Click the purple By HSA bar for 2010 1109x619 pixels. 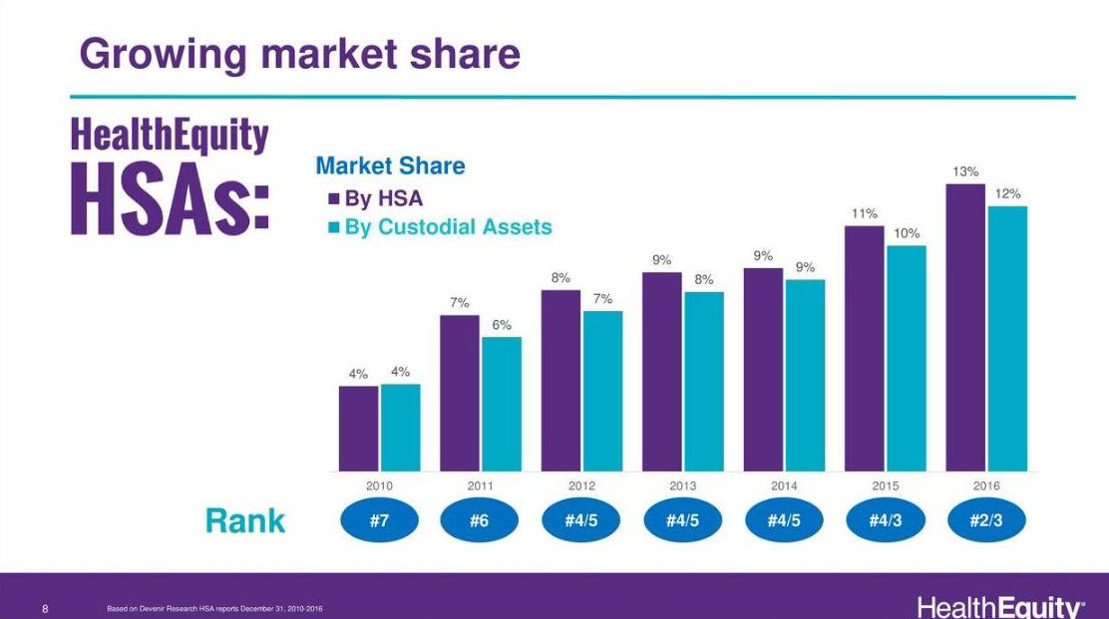[x=359, y=429]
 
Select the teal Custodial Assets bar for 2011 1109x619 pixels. [x=502, y=404]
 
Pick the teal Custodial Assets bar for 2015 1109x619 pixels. [x=906, y=358]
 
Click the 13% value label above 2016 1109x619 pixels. [x=964, y=171]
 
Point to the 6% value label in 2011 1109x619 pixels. [x=501, y=325]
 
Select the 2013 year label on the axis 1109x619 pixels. [x=683, y=485]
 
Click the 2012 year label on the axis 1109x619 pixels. [x=581, y=485]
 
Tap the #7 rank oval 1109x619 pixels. [x=379, y=520]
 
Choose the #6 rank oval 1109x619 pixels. [x=480, y=520]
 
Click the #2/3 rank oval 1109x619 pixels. [x=985, y=520]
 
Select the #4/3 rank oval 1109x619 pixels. [x=885, y=520]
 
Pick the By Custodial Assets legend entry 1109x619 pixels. [x=439, y=227]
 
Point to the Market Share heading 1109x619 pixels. [x=390, y=166]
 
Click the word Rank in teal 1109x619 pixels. [x=245, y=520]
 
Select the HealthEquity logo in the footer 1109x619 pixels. [x=999, y=606]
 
